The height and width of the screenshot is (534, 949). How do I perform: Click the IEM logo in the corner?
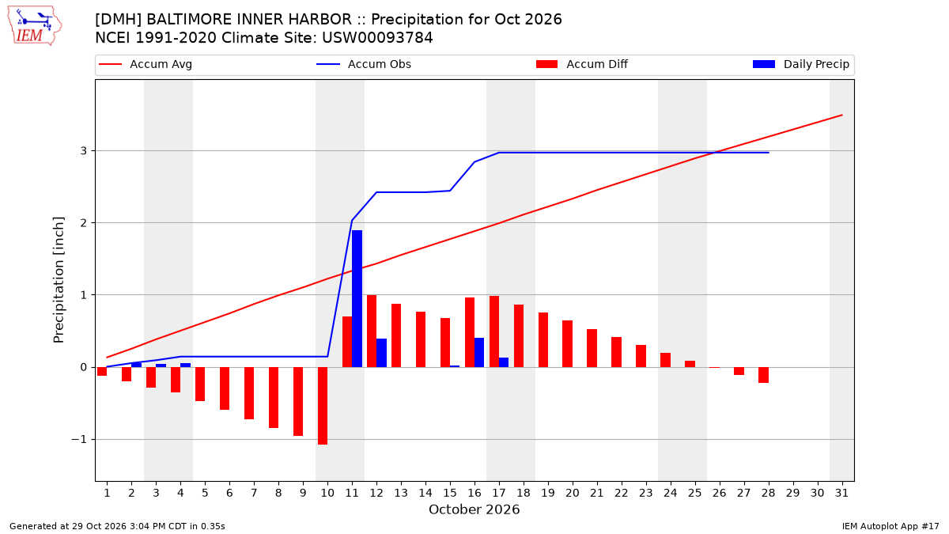click(35, 26)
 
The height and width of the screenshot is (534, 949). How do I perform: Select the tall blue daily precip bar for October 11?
click(357, 298)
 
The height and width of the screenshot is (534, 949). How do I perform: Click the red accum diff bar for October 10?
click(323, 406)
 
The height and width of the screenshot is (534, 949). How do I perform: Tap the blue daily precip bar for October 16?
click(479, 352)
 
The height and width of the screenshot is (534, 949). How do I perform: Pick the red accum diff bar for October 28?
click(763, 375)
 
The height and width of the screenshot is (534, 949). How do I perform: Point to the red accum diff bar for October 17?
click(494, 331)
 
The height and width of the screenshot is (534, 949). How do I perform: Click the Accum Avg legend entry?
click(146, 64)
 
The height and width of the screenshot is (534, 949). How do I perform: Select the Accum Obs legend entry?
click(364, 64)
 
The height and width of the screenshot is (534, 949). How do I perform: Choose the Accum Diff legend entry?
click(582, 64)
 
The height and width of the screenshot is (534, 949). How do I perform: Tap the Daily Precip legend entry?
click(800, 64)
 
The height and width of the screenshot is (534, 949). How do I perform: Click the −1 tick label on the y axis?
click(79, 440)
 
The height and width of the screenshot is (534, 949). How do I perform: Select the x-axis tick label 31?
click(841, 493)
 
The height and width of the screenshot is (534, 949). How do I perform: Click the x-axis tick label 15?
click(450, 493)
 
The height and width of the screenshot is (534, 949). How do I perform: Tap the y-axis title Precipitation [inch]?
click(59, 280)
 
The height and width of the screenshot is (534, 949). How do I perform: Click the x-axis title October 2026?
click(474, 509)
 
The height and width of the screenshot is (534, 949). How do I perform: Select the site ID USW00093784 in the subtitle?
click(377, 38)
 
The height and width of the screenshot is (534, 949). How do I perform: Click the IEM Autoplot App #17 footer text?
click(890, 526)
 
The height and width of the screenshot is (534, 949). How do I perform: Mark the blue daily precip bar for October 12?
click(382, 353)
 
